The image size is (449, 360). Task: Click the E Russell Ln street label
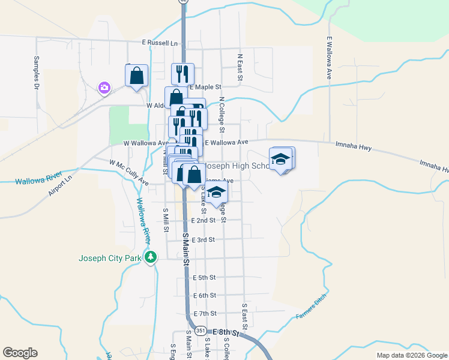(x=160, y=43)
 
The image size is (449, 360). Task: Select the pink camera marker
(x=104, y=88)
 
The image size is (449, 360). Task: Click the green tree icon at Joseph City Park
(x=150, y=257)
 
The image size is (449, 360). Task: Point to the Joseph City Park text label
(x=109, y=259)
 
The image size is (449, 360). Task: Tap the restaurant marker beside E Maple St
(x=182, y=74)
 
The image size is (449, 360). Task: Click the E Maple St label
(x=205, y=87)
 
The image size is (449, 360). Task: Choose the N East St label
(x=240, y=66)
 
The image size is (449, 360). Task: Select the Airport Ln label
(x=60, y=185)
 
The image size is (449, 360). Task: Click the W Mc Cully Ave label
(x=128, y=172)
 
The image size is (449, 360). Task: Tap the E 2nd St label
(x=203, y=221)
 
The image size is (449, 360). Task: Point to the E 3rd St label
(x=203, y=239)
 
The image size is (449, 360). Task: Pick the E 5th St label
(x=204, y=277)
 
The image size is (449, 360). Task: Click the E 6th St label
(x=204, y=295)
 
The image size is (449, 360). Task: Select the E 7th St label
(x=204, y=313)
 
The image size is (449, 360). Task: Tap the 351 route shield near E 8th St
(x=201, y=331)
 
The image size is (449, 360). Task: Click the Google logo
(x=20, y=353)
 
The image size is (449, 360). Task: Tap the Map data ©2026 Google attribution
(x=411, y=355)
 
